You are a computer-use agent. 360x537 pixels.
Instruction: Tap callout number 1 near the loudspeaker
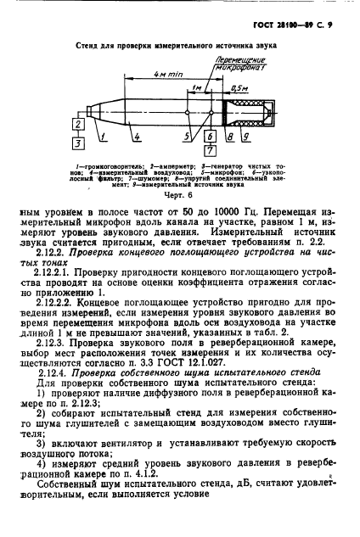[100, 135]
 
